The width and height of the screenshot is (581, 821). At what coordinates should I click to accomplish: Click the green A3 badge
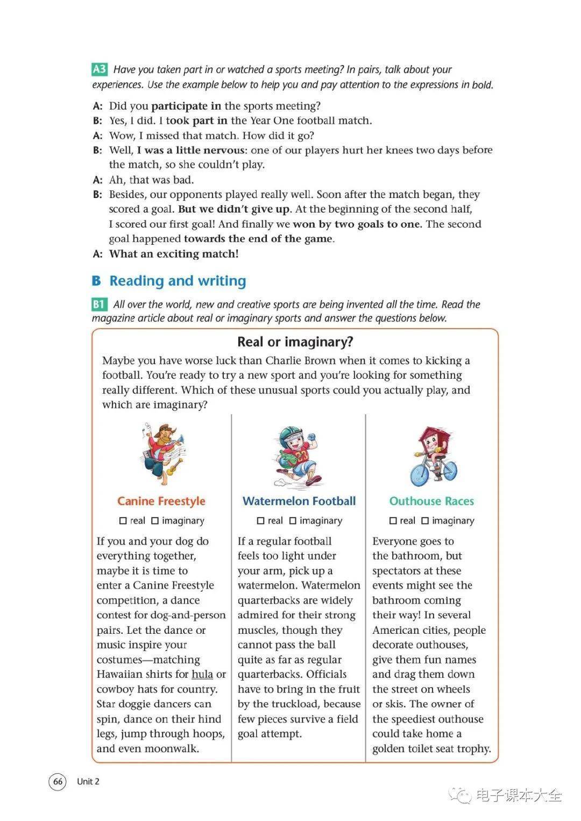(x=100, y=69)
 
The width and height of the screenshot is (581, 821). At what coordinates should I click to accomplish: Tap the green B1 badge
(x=99, y=304)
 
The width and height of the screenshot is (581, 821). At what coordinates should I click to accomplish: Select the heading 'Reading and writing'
(x=178, y=281)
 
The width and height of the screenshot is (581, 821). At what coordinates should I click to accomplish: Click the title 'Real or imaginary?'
(x=295, y=342)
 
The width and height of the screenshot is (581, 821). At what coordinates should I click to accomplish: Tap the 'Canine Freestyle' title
(x=161, y=501)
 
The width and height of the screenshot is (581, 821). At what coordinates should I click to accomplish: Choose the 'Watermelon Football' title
(x=299, y=501)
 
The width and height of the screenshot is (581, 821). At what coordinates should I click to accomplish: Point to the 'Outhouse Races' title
(x=431, y=501)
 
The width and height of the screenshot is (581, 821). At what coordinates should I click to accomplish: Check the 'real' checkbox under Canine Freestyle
(x=123, y=521)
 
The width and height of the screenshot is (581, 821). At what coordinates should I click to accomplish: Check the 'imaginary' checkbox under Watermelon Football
(x=293, y=521)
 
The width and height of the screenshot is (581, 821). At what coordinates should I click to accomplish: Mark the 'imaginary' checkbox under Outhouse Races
(x=425, y=521)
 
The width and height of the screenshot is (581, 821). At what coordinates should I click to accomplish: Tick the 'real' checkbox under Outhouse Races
(x=393, y=521)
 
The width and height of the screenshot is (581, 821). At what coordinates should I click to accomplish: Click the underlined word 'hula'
(x=202, y=674)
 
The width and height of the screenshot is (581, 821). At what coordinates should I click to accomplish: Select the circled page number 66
(x=58, y=781)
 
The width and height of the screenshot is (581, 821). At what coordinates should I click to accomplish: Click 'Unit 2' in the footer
(x=88, y=781)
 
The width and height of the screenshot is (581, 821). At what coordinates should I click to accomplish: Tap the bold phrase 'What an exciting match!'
(x=174, y=254)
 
